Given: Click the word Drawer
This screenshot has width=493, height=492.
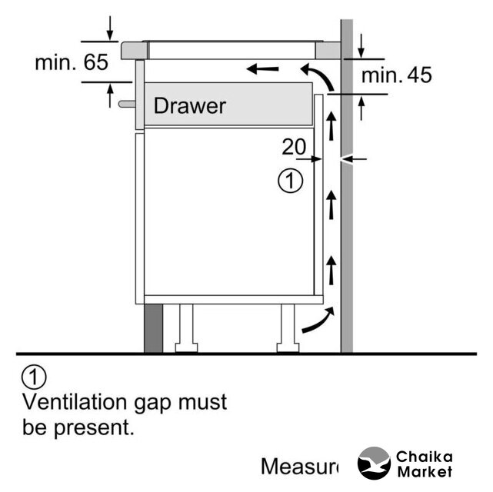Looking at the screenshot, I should click(189, 105).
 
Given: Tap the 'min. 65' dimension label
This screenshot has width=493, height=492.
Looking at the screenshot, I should click(72, 62).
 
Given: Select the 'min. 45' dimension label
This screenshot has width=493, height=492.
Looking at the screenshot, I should click(396, 75).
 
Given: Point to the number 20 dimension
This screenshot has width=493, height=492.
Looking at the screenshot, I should click(294, 145).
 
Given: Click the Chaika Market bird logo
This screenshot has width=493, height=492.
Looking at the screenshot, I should click(375, 464).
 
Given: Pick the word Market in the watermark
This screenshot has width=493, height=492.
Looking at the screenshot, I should click(425, 472).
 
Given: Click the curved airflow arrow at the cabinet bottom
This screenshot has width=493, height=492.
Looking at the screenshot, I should click(318, 321).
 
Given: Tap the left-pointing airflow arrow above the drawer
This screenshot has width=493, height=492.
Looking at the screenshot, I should click(263, 70).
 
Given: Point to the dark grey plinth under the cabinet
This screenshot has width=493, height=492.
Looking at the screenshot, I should click(154, 328).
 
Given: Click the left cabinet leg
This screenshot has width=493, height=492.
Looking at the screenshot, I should click(186, 329).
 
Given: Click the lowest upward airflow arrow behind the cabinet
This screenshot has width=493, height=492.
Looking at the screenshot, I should click(331, 271).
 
